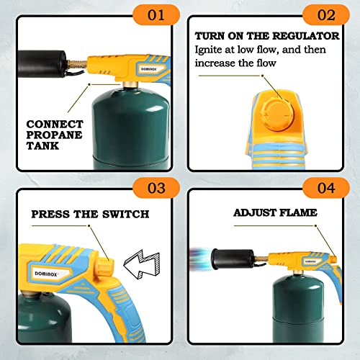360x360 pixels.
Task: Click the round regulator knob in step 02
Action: tap(275, 114)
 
